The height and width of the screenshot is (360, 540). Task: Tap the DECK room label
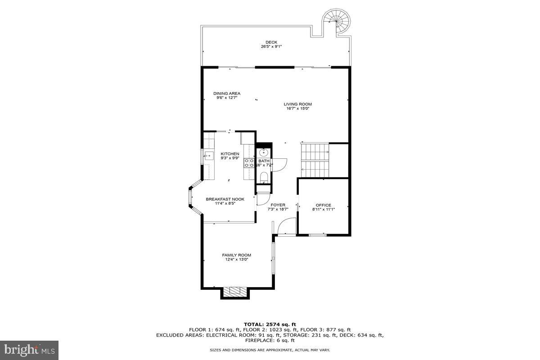tap(271, 42)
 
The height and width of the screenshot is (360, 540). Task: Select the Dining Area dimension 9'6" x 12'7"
tap(226, 97)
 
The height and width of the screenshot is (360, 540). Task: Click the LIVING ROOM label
tap(297, 104)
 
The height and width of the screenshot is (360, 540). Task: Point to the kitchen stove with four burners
tap(249, 163)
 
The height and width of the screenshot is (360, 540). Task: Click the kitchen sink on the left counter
tap(208, 157)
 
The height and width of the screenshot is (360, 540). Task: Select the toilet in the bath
tap(264, 176)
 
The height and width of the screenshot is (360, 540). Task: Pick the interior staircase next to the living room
tap(315, 160)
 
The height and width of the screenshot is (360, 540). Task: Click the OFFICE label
tap(323, 205)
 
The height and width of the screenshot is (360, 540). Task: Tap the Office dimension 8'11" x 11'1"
tap(323, 209)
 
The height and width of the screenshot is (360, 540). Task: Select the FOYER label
tap(278, 205)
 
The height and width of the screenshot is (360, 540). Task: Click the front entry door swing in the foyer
tap(286, 226)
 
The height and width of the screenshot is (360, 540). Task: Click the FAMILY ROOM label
tap(236, 255)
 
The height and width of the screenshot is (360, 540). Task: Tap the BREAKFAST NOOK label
tap(225, 199)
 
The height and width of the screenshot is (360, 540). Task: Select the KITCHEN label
tap(229, 154)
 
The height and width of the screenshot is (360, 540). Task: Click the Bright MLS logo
tap(29, 349)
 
